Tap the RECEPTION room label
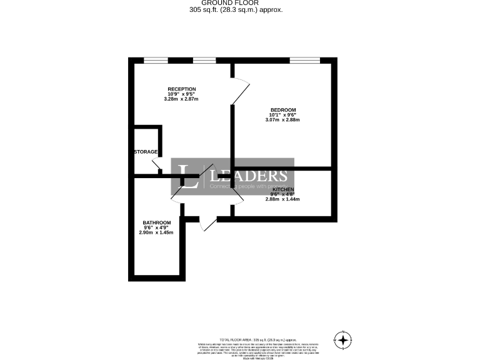[181, 89]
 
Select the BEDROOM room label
[283, 110]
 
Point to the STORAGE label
[145, 152]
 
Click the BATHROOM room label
[156, 223]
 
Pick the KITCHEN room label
[282, 189]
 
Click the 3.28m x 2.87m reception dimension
[181, 99]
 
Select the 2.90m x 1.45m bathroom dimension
[156, 233]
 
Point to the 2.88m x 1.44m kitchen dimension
[282, 199]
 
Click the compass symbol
[342, 340]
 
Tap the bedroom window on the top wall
[304, 60]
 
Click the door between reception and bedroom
[240, 91]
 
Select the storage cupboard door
[158, 165]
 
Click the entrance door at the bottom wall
[208, 225]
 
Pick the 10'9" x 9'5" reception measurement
[181, 94]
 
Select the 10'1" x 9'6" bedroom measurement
[283, 115]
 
